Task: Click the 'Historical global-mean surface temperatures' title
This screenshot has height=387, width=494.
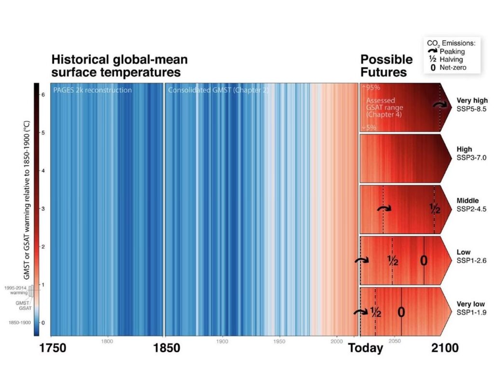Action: (119, 66)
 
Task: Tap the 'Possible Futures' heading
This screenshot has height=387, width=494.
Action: (386, 66)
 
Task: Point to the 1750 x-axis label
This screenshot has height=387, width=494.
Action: (59, 348)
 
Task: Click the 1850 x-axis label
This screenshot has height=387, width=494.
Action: (165, 348)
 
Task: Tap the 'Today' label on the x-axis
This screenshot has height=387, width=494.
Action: (366, 348)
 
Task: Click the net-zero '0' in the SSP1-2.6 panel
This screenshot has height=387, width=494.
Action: (424, 260)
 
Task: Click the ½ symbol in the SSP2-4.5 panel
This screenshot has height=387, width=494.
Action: (435, 209)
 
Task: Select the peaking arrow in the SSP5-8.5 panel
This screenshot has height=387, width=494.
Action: (439, 105)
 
